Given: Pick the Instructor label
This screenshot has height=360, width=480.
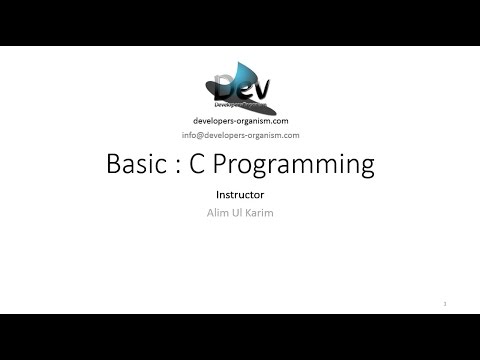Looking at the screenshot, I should coord(239,196).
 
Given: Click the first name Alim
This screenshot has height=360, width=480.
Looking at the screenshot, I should coord(216,215).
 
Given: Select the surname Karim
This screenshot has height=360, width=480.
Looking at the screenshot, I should coord(258,215).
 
